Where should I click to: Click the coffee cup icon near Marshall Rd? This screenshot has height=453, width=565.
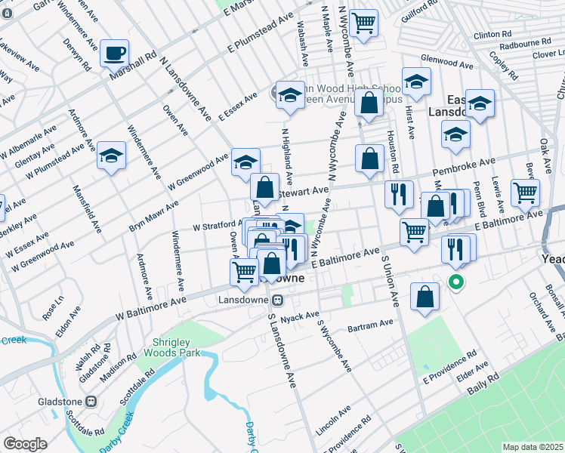[115, 54]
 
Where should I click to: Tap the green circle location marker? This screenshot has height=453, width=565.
[456, 283]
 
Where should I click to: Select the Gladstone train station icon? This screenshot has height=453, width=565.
[91, 402]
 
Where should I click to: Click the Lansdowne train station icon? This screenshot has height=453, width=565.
[277, 300]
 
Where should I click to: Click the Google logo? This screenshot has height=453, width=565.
[25, 443]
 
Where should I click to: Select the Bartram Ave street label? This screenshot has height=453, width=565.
[371, 325]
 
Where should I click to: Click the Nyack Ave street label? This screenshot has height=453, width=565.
[301, 316]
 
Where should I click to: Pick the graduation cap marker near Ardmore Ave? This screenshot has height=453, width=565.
[111, 156]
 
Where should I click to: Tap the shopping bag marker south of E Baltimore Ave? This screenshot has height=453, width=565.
[425, 297]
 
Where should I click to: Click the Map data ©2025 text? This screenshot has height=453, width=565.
[533, 447]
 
